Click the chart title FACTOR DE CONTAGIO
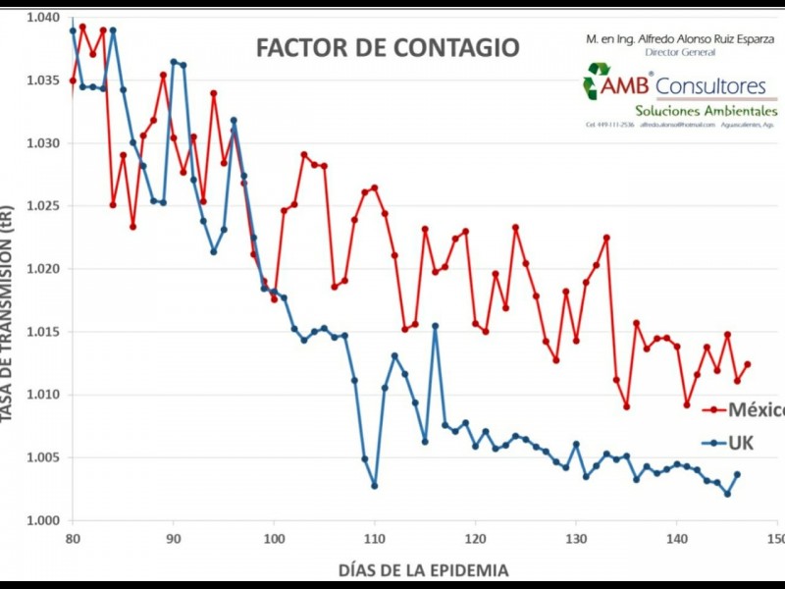tap(388, 48)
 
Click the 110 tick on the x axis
tap(374, 539)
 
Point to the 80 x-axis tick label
tap(72, 539)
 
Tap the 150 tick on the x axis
tap(775, 539)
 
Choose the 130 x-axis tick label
tap(575, 539)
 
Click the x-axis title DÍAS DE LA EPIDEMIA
tap(424, 569)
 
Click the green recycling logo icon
tap(597, 81)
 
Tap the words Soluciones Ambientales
tap(706, 111)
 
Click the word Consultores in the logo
tap(711, 86)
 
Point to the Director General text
tap(678, 51)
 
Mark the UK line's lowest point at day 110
tap(374, 485)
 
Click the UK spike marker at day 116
tap(435, 326)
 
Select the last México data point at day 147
tap(747, 364)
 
